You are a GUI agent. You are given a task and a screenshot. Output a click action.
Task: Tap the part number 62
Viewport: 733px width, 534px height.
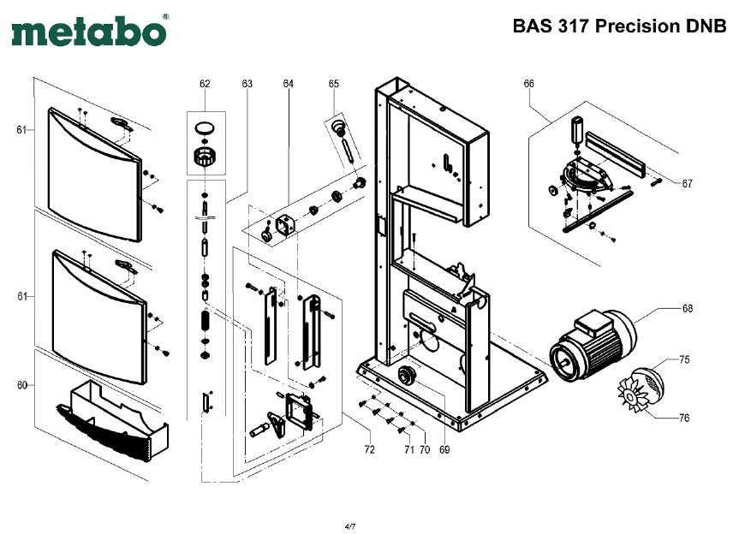(205, 84)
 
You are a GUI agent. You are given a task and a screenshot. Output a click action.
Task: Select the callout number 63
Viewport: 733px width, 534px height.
(247, 84)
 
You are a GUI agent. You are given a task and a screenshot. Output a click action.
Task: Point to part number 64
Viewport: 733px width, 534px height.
(289, 84)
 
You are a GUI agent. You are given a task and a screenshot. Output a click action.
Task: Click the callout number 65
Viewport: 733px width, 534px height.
(333, 84)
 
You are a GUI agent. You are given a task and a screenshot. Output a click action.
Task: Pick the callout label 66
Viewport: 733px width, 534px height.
(528, 84)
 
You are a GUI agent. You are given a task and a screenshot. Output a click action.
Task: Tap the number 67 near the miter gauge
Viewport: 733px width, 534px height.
(687, 184)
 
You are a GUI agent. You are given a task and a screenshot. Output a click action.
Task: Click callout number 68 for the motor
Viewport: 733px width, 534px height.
(687, 308)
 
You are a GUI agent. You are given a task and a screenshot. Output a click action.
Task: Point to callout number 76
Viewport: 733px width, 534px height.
(684, 418)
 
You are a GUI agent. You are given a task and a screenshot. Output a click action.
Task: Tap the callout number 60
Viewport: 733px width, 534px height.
(21, 386)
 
